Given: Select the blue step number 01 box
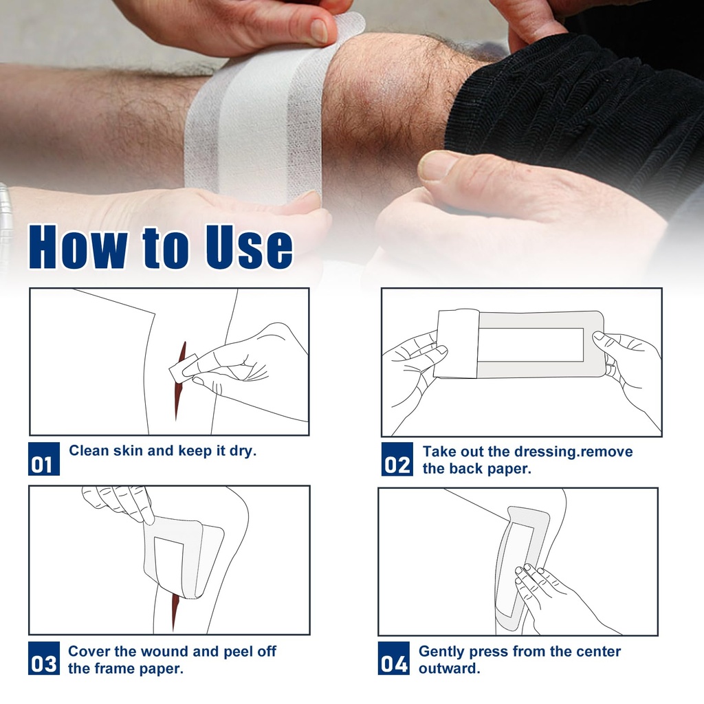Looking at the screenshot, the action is (44, 459).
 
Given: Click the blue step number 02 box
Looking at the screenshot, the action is (397, 459).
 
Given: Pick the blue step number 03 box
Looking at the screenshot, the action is (44, 658).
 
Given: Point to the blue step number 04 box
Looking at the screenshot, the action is (394, 658).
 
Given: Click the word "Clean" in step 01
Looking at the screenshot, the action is (89, 450).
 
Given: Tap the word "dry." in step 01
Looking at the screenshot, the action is (243, 451).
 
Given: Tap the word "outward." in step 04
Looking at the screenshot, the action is (450, 668).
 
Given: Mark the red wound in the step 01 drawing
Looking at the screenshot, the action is (181, 382).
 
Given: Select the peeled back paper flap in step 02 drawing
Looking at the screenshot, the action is (457, 344).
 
